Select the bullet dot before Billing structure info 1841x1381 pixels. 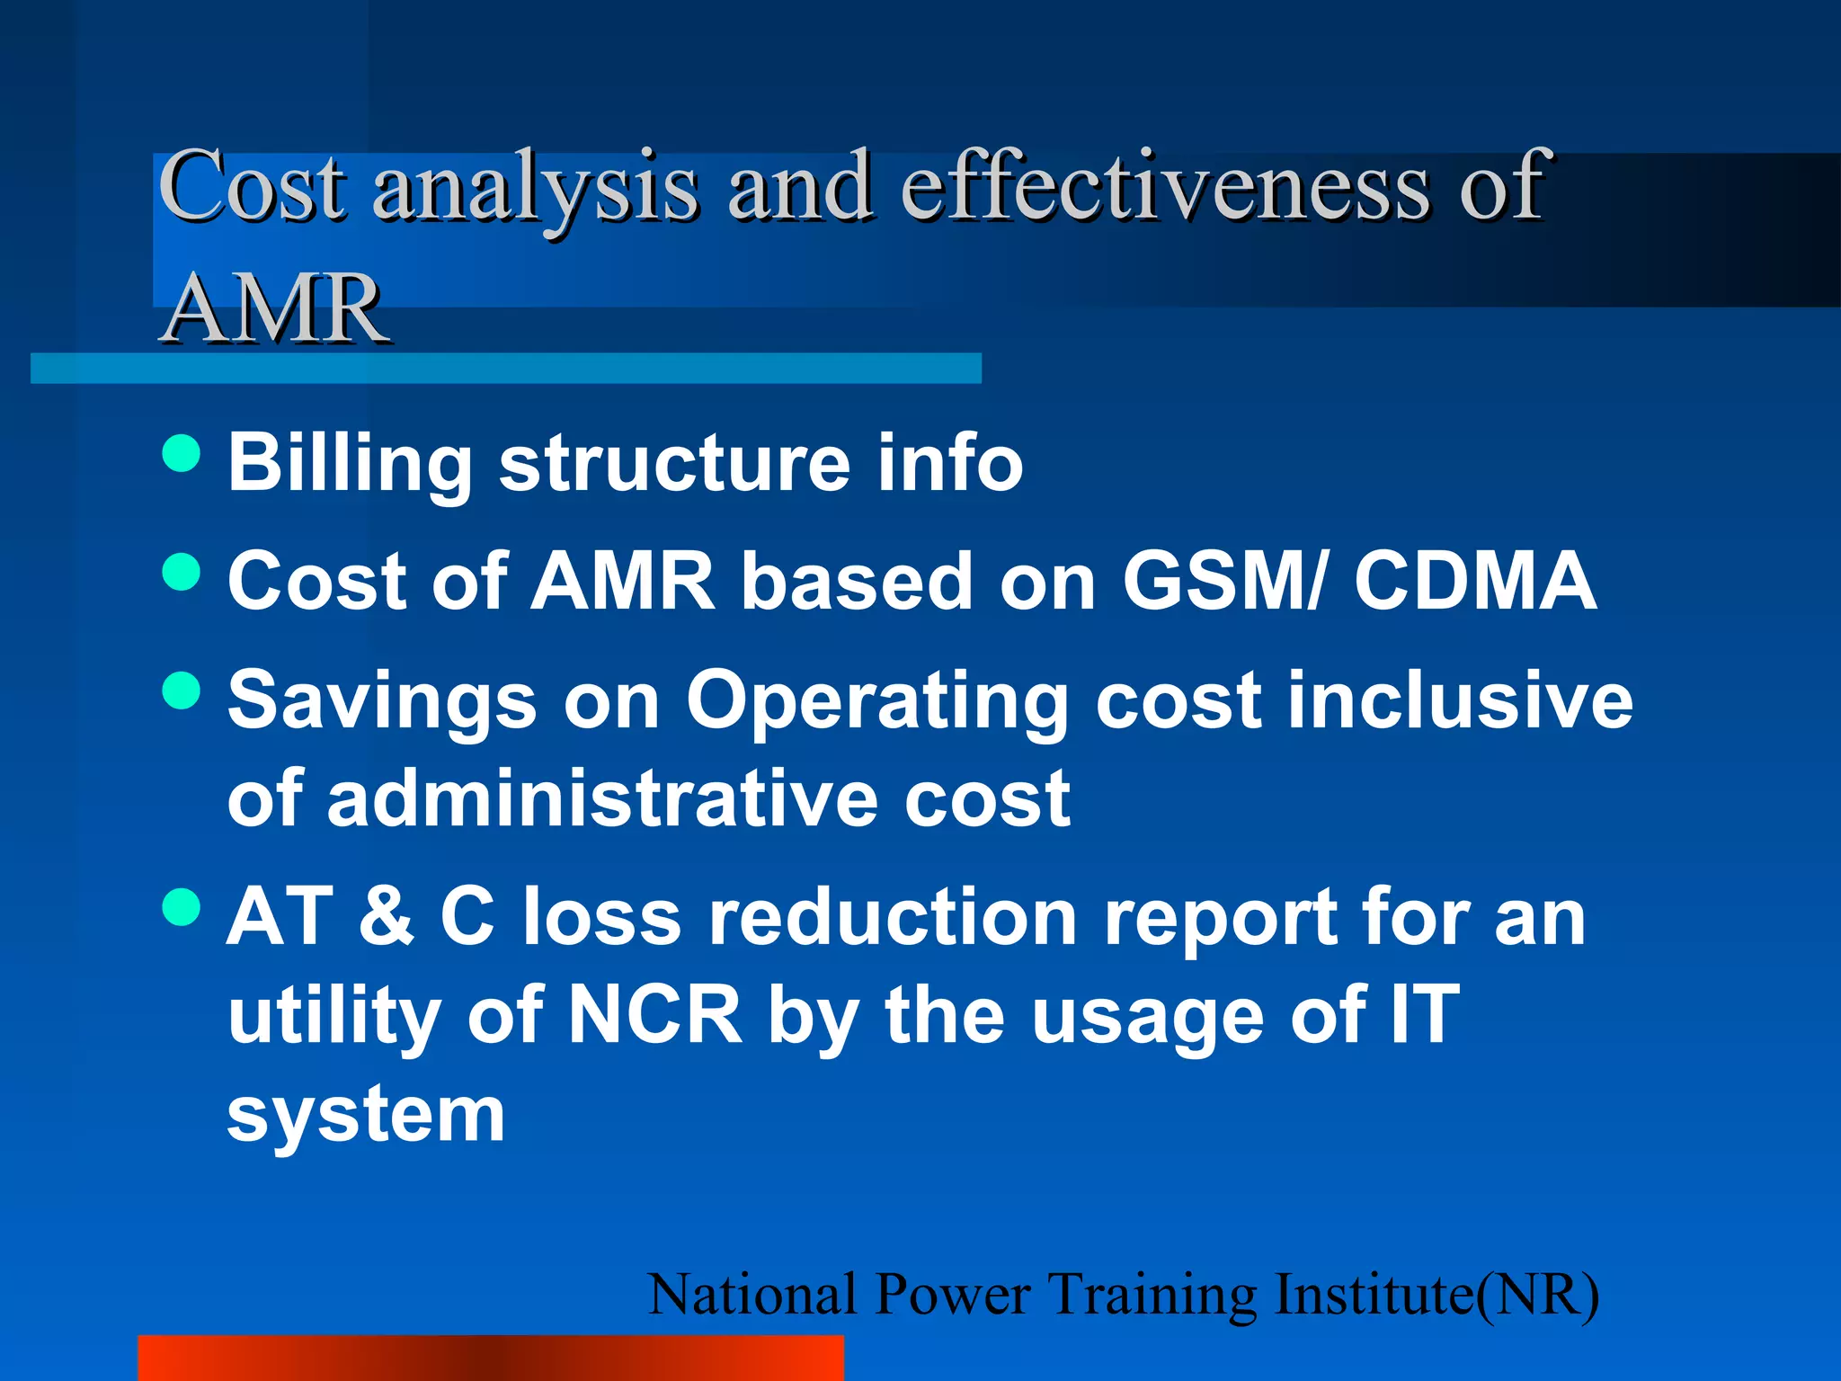click(182, 452)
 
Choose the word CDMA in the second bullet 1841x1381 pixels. click(1475, 581)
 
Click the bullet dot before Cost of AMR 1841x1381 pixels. click(182, 572)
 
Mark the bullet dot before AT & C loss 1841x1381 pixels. click(182, 906)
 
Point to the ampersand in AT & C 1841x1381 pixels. click(387, 916)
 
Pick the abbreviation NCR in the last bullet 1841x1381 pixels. click(655, 1014)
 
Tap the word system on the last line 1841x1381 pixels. click(366, 1114)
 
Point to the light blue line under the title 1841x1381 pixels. click(505, 369)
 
